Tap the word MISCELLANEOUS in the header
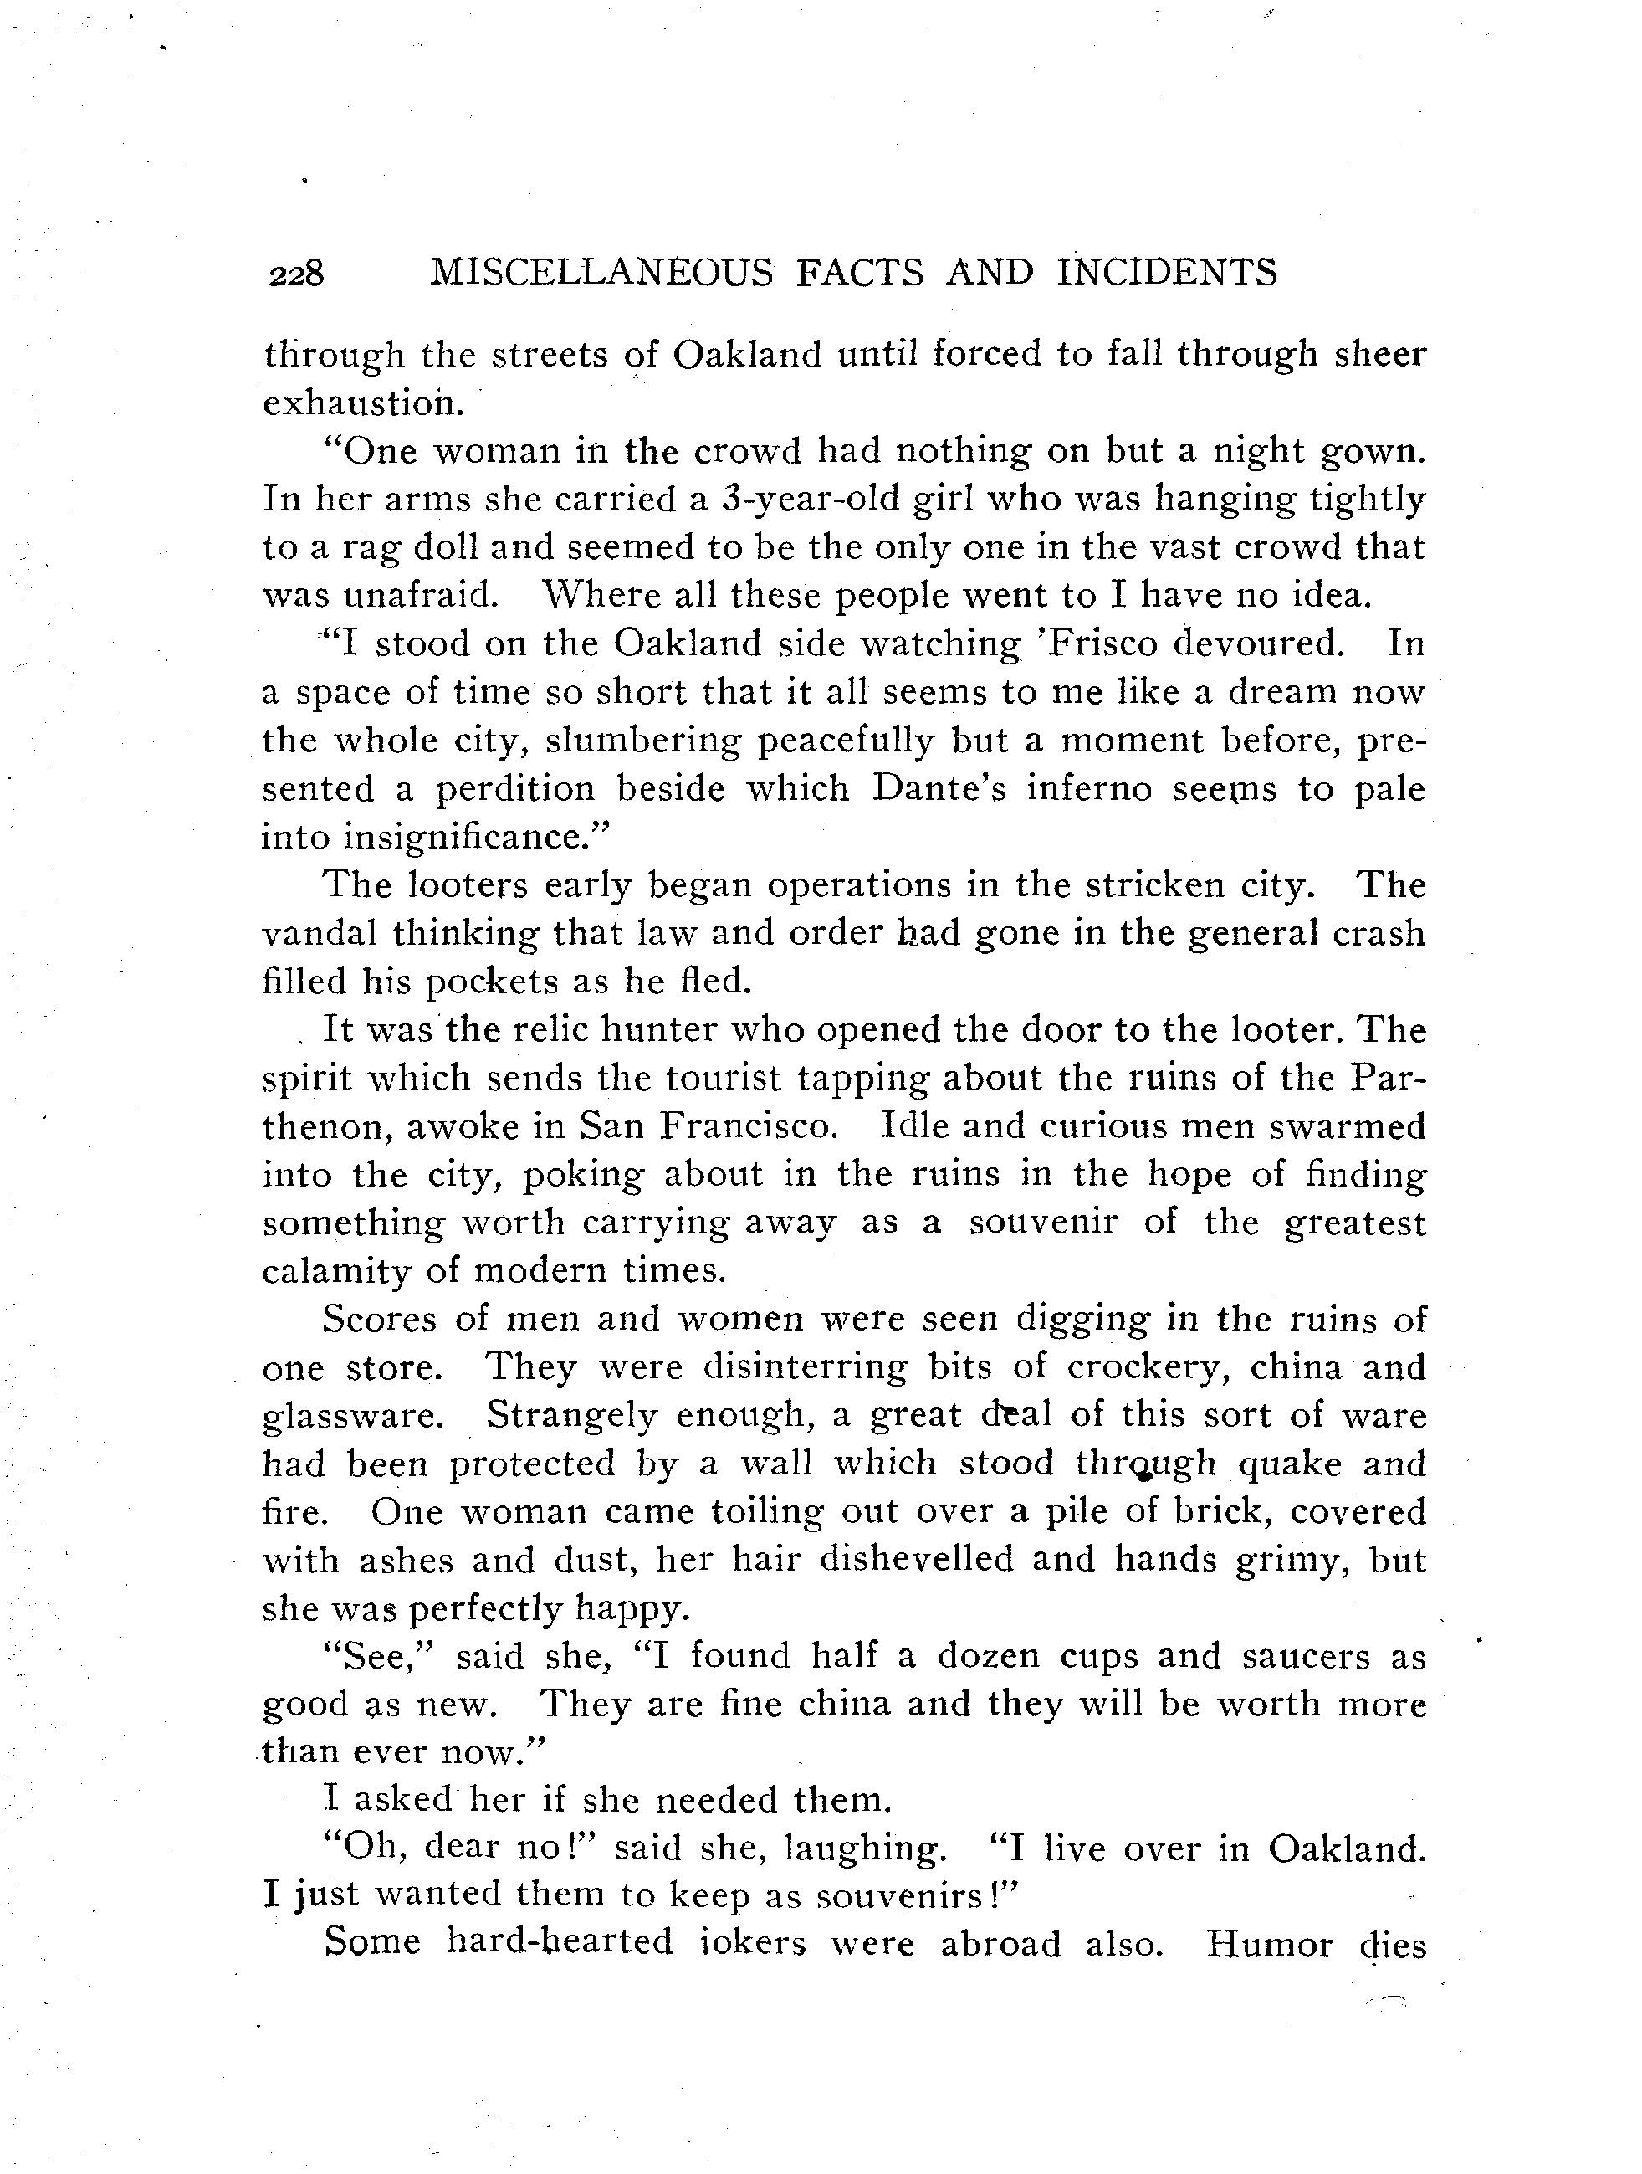(601, 272)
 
